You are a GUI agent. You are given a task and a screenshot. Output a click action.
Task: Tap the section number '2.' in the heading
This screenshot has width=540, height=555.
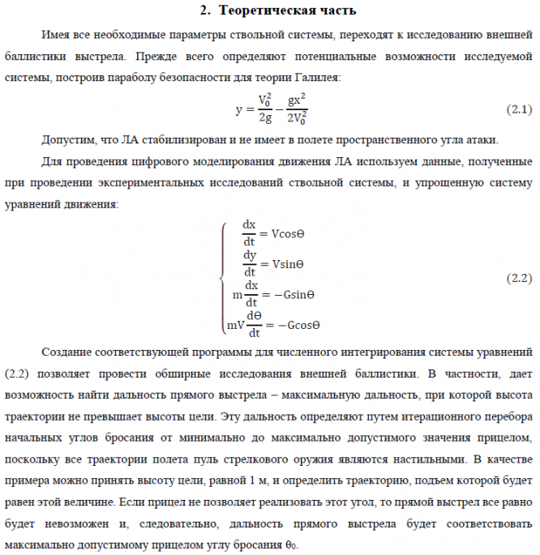(206, 11)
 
